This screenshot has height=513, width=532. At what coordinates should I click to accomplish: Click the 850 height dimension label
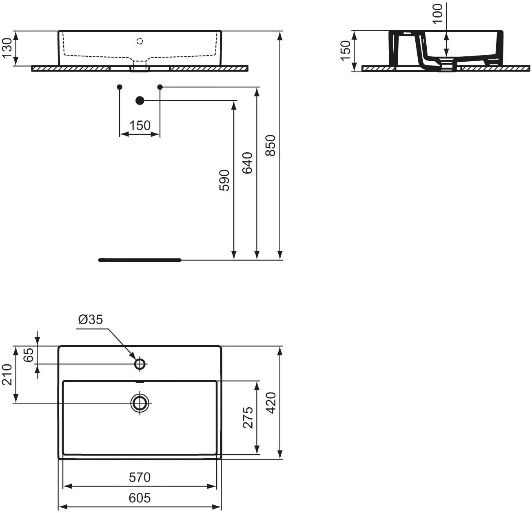click(x=270, y=145)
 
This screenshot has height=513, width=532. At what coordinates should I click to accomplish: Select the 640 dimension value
click(x=247, y=163)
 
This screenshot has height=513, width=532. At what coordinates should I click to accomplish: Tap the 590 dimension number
click(x=224, y=181)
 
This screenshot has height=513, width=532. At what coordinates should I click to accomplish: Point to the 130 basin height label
click(x=7, y=48)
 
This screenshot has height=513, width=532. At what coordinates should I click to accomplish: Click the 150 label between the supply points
click(x=140, y=125)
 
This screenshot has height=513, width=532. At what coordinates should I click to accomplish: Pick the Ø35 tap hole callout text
click(x=91, y=319)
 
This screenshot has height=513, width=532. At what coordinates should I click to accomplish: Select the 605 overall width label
click(x=140, y=498)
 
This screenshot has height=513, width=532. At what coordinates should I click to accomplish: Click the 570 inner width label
click(x=140, y=477)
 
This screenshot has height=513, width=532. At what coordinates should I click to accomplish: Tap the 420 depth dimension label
click(x=271, y=403)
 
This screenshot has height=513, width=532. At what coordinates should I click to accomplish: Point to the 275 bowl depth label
click(x=248, y=417)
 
